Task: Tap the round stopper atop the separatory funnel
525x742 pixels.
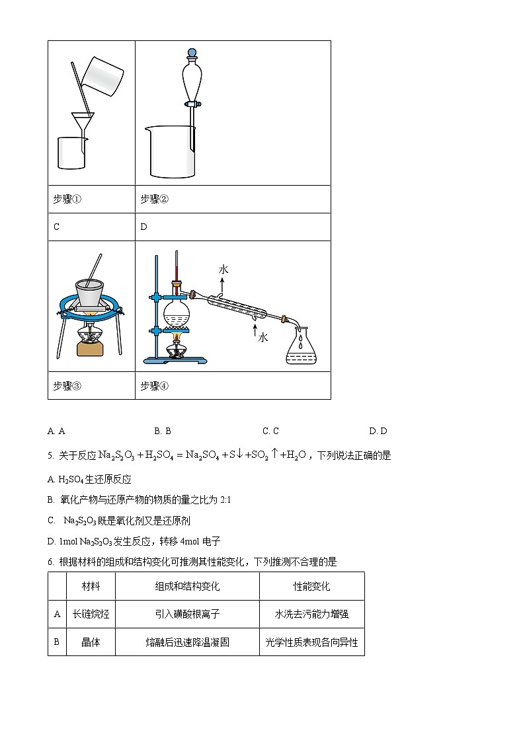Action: [x=192, y=53]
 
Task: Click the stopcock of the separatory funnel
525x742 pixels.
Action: [x=192, y=104]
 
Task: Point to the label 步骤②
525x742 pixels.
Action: [x=155, y=200]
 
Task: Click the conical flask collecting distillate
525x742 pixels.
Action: [x=301, y=348]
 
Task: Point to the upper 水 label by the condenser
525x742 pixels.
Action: [x=223, y=270]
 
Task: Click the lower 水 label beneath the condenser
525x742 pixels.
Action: [x=262, y=338]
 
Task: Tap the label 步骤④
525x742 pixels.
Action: [x=155, y=386]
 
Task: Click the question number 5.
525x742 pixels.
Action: [x=50, y=455]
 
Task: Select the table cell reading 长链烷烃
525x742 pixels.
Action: [x=91, y=614]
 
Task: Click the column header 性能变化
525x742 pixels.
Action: [x=311, y=586]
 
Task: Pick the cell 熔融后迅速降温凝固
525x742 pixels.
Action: [x=187, y=642]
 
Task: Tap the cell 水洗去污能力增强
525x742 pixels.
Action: [x=311, y=614]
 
